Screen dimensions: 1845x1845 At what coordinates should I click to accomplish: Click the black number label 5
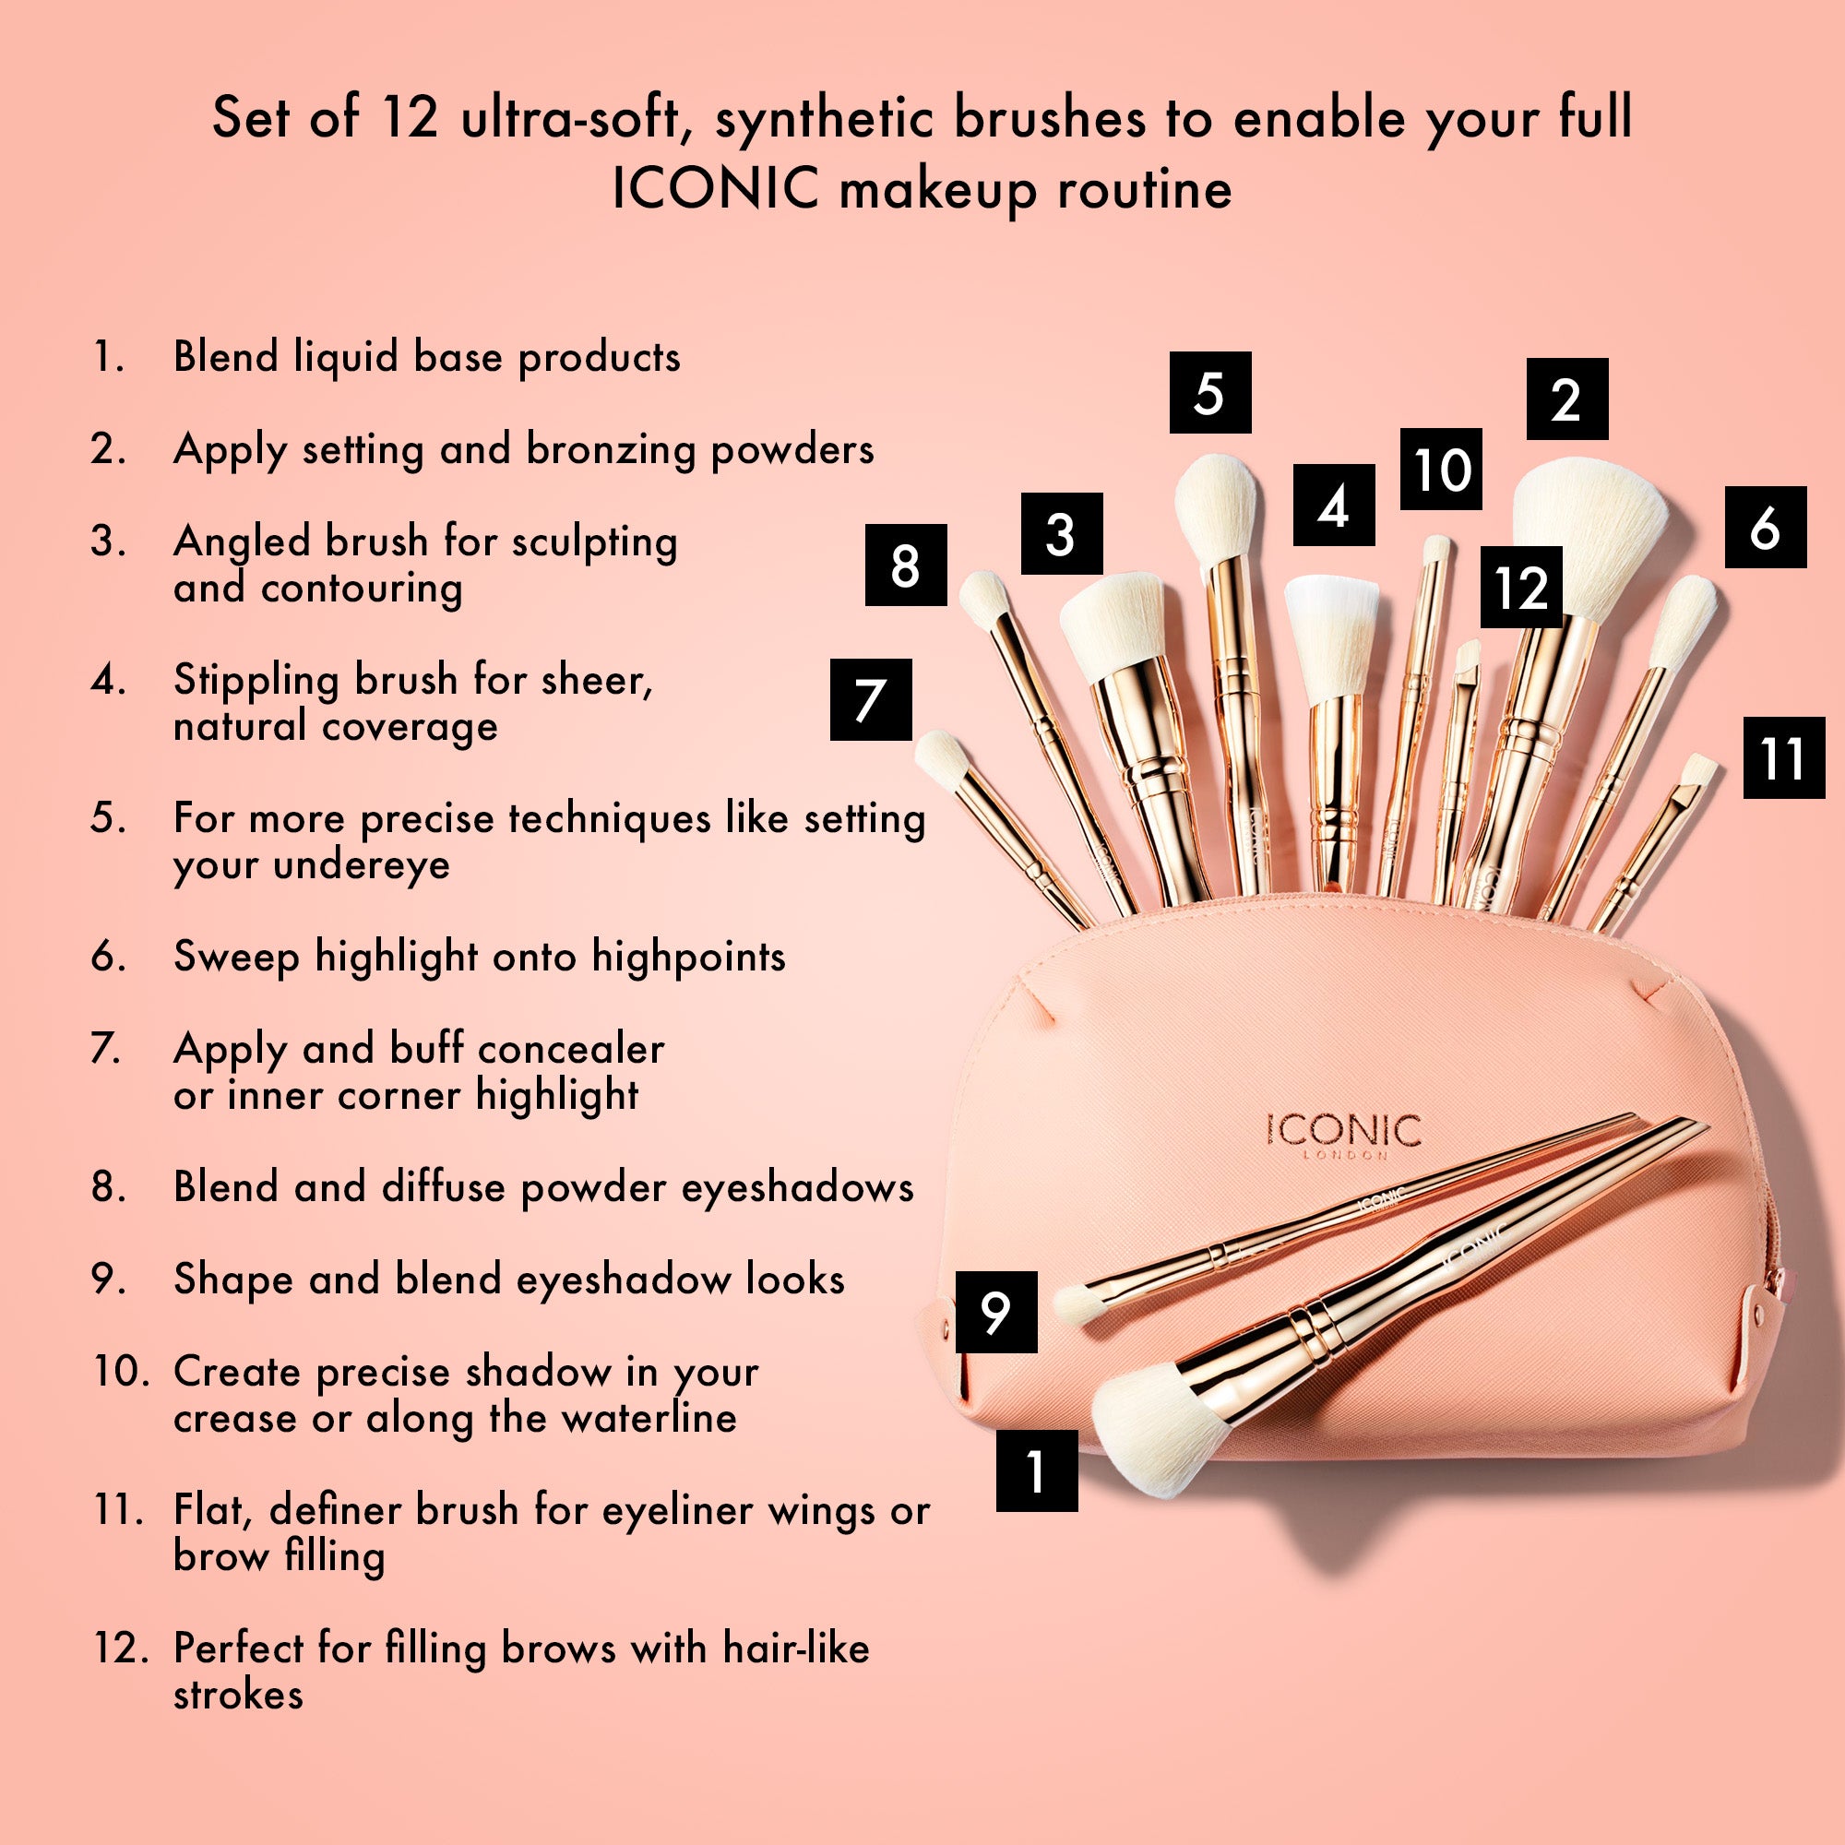coord(1210,391)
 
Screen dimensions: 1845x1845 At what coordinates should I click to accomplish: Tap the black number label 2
coord(1567,399)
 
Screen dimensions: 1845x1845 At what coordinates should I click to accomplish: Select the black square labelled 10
coord(1441,469)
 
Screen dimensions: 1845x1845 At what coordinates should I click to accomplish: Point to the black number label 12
coord(1522,587)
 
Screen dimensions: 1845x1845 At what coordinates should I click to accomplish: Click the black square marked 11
coord(1784,757)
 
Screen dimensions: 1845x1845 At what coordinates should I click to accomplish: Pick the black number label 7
coord(871,699)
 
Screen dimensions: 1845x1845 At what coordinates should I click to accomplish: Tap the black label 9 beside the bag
coord(996,1311)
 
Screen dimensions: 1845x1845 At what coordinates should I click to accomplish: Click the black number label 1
coord(1036,1470)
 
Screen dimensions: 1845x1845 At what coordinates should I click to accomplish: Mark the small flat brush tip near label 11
coord(1698,769)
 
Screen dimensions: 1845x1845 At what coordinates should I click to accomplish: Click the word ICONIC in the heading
coord(716,187)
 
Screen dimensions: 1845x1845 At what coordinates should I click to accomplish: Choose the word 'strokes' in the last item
coord(238,1694)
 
